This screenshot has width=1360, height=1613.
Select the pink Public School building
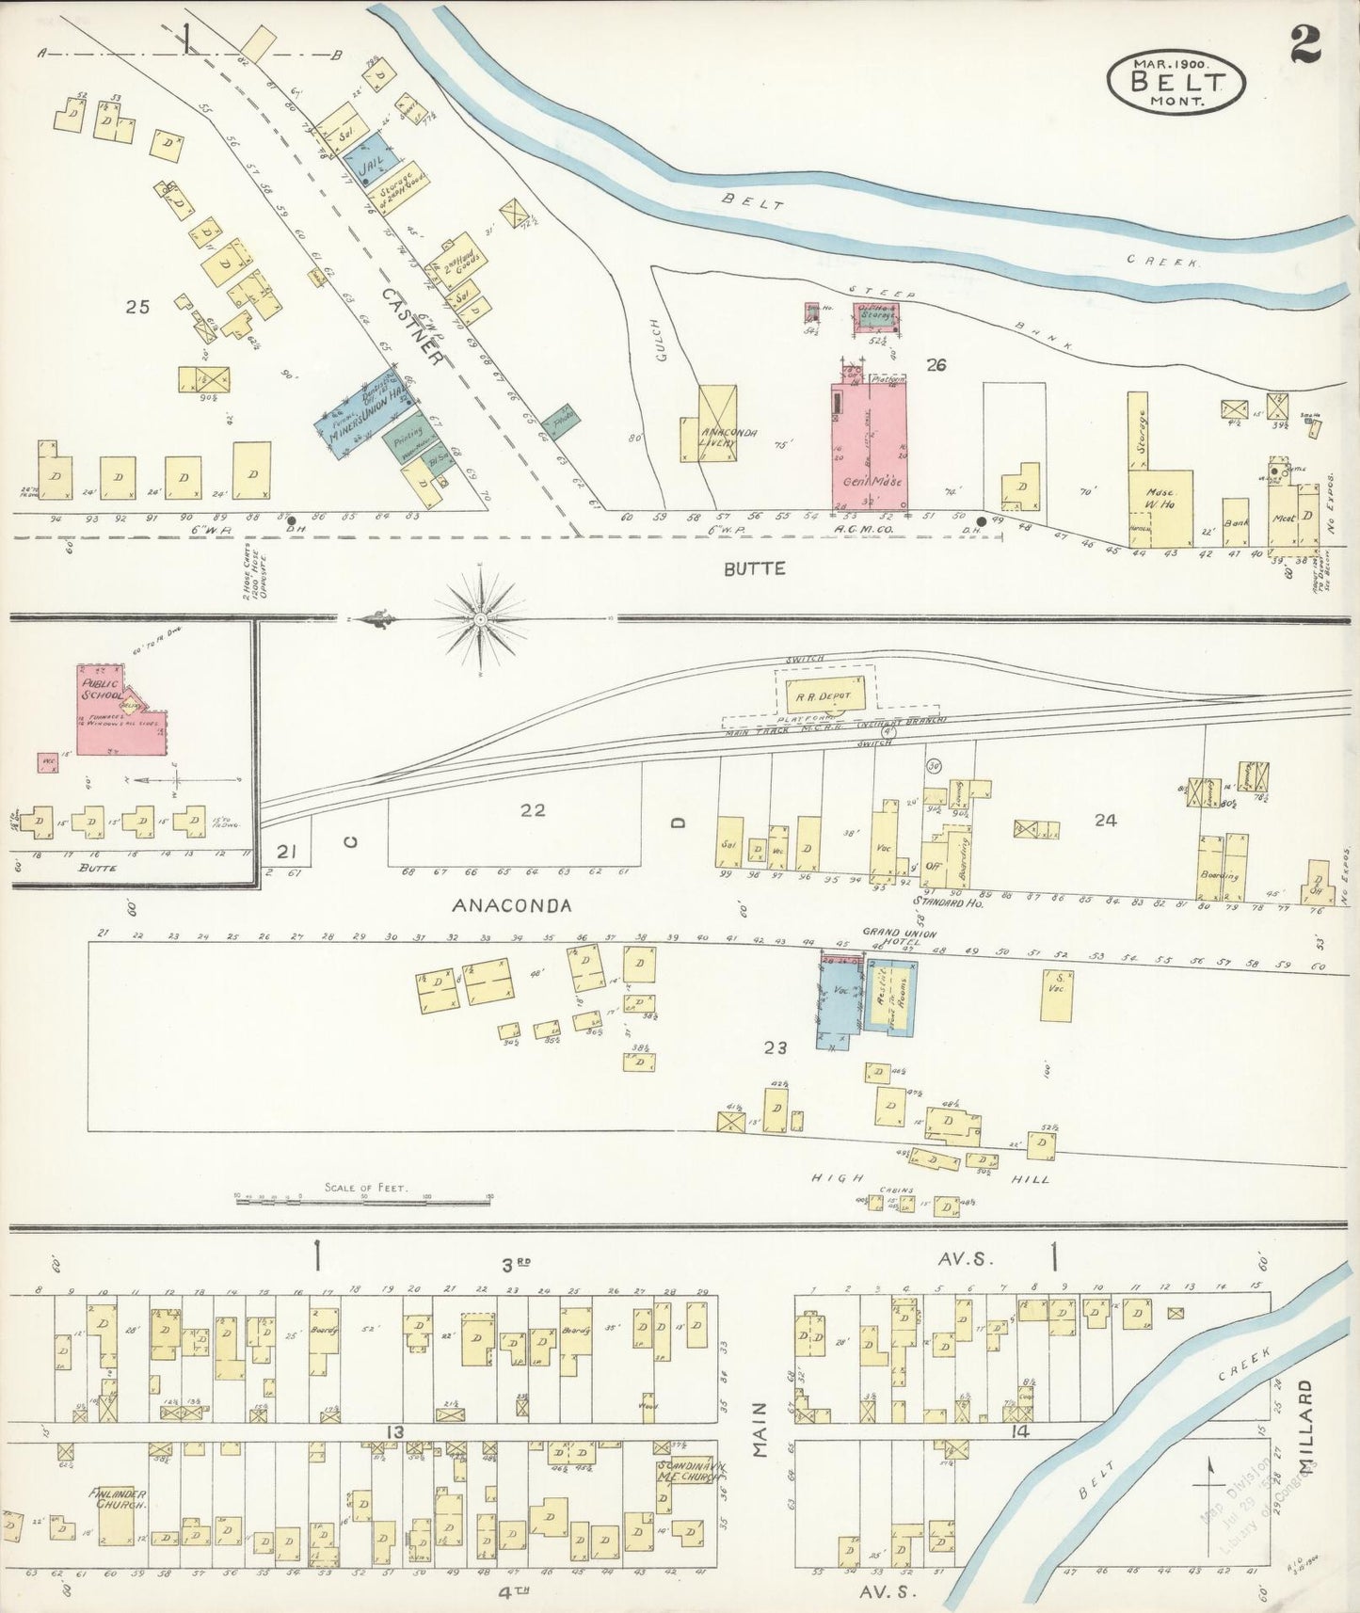coord(118,711)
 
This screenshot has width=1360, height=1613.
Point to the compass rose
coord(481,619)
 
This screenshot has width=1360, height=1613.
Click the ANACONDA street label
coord(512,905)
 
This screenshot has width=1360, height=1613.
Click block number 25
coord(137,306)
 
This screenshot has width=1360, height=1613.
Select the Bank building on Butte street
coord(1235,522)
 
